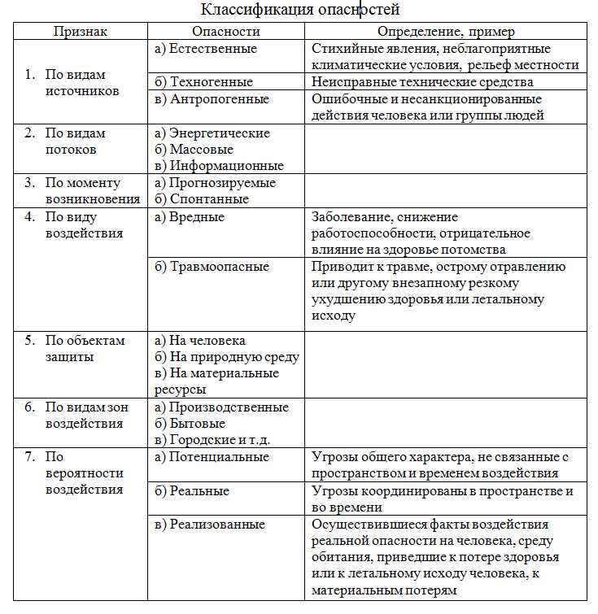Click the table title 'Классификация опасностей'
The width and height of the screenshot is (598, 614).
click(300, 10)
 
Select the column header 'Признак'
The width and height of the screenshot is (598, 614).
click(81, 31)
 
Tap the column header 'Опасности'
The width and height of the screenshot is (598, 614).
click(225, 31)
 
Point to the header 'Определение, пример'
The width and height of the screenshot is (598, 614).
click(445, 31)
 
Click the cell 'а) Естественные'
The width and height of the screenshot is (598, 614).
click(205, 49)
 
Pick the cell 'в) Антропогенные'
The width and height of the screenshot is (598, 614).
click(212, 99)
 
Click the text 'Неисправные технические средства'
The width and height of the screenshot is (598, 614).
click(422, 82)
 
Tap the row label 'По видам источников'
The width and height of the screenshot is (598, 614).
click(81, 83)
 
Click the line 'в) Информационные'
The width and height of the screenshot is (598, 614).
click(218, 166)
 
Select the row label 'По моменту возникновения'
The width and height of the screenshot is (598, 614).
click(92, 191)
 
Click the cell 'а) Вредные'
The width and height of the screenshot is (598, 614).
click(190, 217)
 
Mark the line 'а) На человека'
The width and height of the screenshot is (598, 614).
click(200, 341)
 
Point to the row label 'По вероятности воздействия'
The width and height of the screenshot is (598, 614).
click(84, 473)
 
